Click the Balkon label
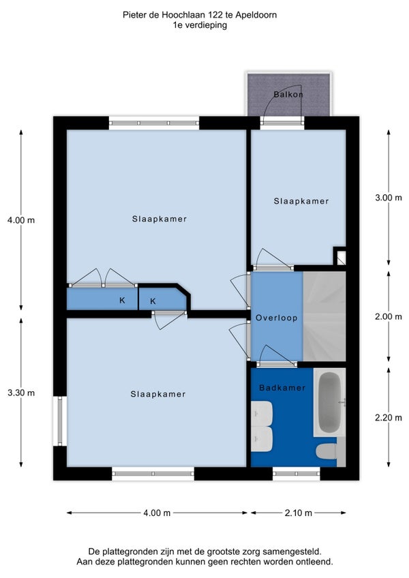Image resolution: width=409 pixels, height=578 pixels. [x=288, y=94]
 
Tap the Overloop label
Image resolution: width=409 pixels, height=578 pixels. [x=277, y=318]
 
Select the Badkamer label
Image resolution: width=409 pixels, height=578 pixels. [x=282, y=387]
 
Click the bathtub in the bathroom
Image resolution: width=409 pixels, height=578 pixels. [x=329, y=402]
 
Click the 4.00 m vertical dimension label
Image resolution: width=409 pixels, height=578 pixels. [x=21, y=220]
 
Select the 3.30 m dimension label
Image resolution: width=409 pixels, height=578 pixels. [x=21, y=393]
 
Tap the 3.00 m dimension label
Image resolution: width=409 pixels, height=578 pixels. [x=389, y=198]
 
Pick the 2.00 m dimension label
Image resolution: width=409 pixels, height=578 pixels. [x=389, y=317]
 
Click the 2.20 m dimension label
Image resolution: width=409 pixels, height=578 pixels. [x=389, y=418]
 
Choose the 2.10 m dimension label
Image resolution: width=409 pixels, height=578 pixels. [x=299, y=513]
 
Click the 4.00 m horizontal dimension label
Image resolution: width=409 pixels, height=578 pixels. [x=157, y=513]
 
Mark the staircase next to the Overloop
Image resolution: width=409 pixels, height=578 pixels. [x=324, y=316]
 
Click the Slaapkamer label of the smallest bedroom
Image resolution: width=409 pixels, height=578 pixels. [x=301, y=201]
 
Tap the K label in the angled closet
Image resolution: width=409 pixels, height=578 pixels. [x=153, y=301]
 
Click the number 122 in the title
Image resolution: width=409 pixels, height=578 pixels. [x=215, y=15]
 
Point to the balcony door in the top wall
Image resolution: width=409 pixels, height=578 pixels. [x=282, y=121]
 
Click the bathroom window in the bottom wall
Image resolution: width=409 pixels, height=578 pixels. [x=296, y=473]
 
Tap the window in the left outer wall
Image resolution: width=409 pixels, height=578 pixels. [x=60, y=421]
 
